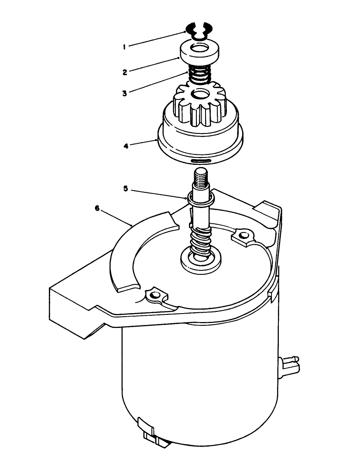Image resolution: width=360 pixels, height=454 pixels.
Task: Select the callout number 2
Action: (125, 72)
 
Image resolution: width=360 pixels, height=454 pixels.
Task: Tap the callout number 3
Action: (125, 93)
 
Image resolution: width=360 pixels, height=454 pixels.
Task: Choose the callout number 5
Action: (126, 189)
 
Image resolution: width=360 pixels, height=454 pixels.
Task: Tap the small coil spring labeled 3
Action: (199, 76)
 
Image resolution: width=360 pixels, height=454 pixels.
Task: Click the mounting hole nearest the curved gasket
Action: (154, 297)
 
